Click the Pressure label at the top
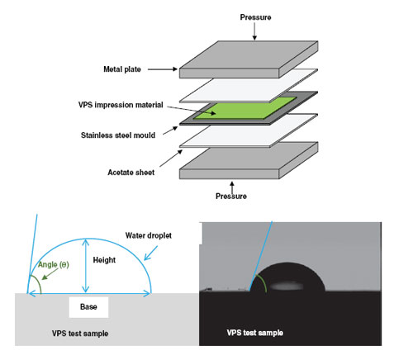coord(255,17)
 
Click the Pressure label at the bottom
coord(231,197)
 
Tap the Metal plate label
coord(122,69)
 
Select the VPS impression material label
coord(121,105)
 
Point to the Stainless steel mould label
coord(118,135)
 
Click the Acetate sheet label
coord(131,173)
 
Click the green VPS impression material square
coord(244,107)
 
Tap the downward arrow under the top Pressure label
coord(254,31)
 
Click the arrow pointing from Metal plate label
coord(163,69)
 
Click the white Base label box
coord(88,307)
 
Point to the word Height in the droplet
coord(104,260)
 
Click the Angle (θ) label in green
coord(53,264)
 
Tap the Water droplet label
coord(149,235)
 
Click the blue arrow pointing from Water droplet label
coord(151,253)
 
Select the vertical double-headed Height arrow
coord(86,266)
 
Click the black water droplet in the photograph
coord(287,278)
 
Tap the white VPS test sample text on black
coord(255,333)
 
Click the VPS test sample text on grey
coord(80,334)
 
